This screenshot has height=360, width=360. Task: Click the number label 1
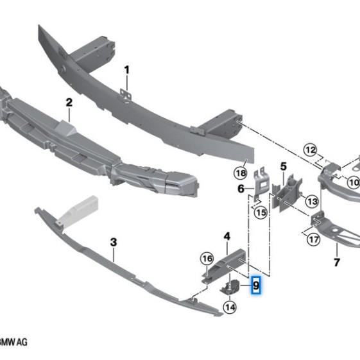click(x=127, y=69)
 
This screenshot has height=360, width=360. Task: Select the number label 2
click(x=69, y=103)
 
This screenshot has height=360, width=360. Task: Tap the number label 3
click(x=114, y=242)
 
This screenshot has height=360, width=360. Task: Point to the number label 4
click(x=227, y=237)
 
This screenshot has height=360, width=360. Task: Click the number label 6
click(x=241, y=189)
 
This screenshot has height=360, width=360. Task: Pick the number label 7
click(x=336, y=262)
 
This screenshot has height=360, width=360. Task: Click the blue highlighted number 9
click(x=256, y=285)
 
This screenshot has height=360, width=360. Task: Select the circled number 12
click(x=311, y=151)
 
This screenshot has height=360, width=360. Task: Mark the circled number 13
click(x=312, y=201)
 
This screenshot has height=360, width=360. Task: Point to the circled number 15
click(x=260, y=212)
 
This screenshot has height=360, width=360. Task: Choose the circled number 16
click(x=206, y=259)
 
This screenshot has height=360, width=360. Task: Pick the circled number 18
click(x=240, y=173)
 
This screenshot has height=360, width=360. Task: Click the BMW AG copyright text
click(x=13, y=341)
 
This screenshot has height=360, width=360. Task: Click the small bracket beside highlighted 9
click(x=232, y=286)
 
